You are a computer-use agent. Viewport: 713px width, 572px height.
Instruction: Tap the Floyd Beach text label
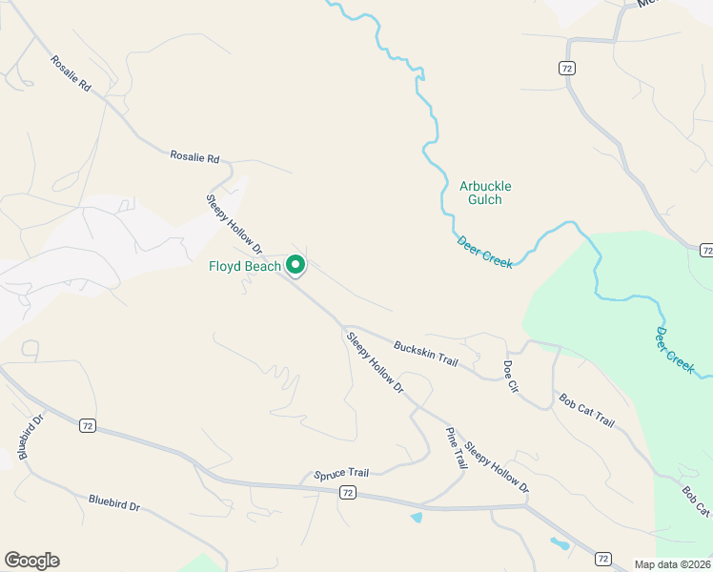coord(245,266)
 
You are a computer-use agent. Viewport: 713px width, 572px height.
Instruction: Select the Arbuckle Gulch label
coord(480,193)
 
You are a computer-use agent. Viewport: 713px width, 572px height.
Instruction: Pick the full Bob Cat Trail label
coord(586,410)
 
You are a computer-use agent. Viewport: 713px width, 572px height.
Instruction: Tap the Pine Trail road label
coord(457,447)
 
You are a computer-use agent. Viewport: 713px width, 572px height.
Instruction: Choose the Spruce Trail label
coord(340,473)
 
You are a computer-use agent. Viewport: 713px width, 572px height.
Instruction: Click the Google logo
coord(31,561)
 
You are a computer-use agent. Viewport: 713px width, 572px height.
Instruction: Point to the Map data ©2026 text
coord(673,563)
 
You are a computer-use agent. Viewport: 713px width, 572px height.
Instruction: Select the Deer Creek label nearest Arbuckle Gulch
coord(484,253)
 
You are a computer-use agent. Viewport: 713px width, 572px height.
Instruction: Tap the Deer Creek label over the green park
coord(675,350)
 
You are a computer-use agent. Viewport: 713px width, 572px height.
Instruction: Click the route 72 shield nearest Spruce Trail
coord(347,492)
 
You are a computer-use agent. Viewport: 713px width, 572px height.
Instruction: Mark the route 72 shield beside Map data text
coord(603,557)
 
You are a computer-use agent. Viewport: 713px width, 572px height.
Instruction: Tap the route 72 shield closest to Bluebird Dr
coord(87,424)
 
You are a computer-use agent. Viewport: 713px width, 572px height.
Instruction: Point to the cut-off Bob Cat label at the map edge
coord(696,501)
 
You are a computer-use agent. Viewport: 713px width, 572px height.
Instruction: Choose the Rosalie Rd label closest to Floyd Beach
coord(194,156)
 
